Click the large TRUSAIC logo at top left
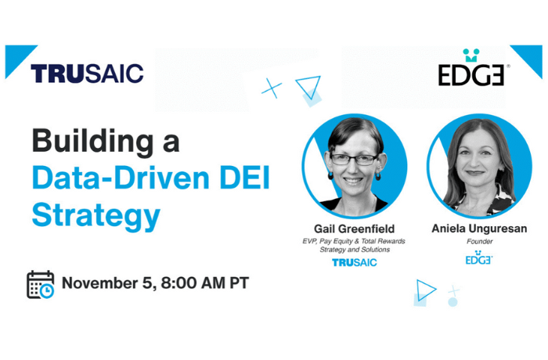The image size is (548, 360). pos(87,74)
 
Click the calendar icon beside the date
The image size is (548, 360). pos(41,284)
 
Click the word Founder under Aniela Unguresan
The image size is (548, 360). pos(479,242)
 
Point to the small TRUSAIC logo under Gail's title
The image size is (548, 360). pos(354,262)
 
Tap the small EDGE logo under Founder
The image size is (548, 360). pos(479,258)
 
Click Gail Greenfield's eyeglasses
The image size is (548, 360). pos(353,159)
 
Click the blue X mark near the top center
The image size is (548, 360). pos(272,88)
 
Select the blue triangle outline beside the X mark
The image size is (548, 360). pos(308,88)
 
